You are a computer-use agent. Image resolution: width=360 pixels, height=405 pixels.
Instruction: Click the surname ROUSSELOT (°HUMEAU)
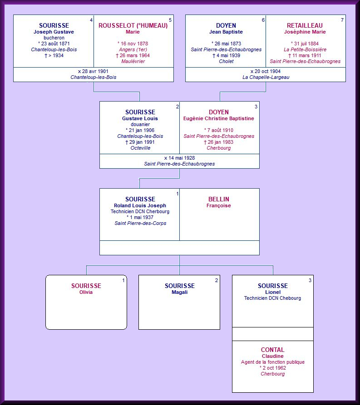click(133, 26)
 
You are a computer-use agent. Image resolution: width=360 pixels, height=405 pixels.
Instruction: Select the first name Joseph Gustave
click(54, 32)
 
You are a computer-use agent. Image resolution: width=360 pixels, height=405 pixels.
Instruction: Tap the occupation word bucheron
click(54, 38)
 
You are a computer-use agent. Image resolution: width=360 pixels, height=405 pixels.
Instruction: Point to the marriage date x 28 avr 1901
click(93, 71)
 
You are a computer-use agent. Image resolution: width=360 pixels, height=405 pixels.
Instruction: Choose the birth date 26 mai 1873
click(226, 44)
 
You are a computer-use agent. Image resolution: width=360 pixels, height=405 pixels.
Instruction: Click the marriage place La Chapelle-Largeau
click(266, 78)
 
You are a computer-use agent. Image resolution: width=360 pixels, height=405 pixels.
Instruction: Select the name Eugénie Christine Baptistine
click(219, 118)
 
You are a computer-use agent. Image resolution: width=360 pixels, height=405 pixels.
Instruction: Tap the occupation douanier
click(140, 124)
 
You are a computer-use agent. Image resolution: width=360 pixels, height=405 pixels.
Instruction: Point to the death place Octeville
click(140, 148)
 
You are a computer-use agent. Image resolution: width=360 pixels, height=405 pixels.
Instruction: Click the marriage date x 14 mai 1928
click(179, 158)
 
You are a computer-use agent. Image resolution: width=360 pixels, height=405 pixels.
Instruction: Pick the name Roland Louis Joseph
click(140, 205)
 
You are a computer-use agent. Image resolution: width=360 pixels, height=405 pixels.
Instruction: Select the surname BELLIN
click(219, 199)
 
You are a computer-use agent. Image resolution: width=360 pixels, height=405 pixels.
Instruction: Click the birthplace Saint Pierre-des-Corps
click(140, 223)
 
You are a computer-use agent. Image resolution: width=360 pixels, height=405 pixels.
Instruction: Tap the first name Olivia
click(86, 292)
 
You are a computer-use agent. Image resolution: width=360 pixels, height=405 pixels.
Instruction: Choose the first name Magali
click(179, 292)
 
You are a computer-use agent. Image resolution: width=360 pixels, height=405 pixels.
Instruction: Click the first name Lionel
click(272, 292)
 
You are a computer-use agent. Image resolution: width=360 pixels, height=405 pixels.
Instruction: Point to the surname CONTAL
click(272, 350)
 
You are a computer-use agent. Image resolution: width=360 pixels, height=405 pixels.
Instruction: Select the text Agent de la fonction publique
click(272, 362)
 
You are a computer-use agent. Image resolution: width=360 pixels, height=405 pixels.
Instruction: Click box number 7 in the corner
click(342, 20)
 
